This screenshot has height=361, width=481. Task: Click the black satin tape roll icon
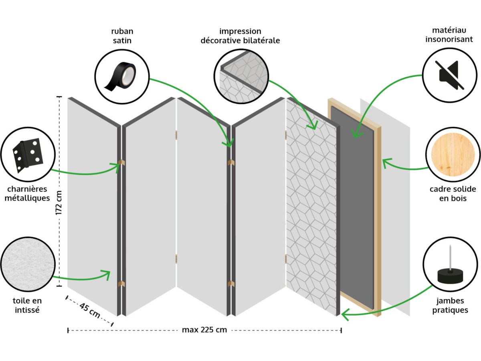coord(121,76)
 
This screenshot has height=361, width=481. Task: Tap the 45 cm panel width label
coord(89,311)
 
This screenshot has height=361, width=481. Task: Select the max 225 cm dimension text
coord(204,330)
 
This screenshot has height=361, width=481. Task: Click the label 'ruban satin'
coord(122,36)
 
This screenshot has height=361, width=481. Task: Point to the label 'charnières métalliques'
coord(27,193)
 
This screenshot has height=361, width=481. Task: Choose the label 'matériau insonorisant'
coord(449,35)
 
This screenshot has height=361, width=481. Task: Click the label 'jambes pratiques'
coord(450,305)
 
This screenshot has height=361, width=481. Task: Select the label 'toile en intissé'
coord(27,305)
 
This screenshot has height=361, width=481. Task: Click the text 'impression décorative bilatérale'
coord(240,36)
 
